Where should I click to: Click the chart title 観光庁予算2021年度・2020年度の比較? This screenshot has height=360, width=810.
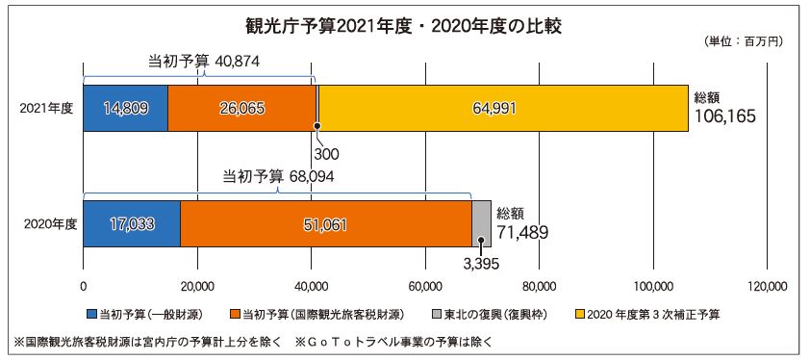click(402, 27)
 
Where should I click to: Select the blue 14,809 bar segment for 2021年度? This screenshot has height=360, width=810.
click(125, 109)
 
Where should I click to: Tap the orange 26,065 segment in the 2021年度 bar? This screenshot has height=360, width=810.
click(241, 109)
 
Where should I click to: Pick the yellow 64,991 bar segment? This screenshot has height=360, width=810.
click(504, 109)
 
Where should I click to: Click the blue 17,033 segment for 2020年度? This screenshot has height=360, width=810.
click(132, 224)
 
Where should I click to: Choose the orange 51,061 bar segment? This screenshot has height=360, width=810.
click(326, 224)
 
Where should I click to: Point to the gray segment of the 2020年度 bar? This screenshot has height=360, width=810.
click(481, 224)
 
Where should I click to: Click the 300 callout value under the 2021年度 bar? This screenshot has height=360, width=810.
click(325, 154)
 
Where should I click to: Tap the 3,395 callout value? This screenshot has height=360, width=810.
click(480, 265)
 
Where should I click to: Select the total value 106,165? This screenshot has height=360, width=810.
click(725, 116)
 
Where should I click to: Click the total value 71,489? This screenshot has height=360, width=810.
click(522, 232)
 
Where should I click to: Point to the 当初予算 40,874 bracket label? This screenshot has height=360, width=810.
click(204, 62)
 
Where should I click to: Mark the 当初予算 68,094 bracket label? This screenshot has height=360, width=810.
click(278, 177)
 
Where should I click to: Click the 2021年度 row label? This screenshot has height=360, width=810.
click(46, 109)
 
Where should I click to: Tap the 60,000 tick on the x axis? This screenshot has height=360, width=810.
click(425, 286)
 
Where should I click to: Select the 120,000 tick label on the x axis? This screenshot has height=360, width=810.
click(767, 286)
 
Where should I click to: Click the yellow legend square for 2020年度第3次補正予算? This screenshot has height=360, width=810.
click(580, 314)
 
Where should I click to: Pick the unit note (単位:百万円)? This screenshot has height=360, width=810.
click(744, 41)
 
